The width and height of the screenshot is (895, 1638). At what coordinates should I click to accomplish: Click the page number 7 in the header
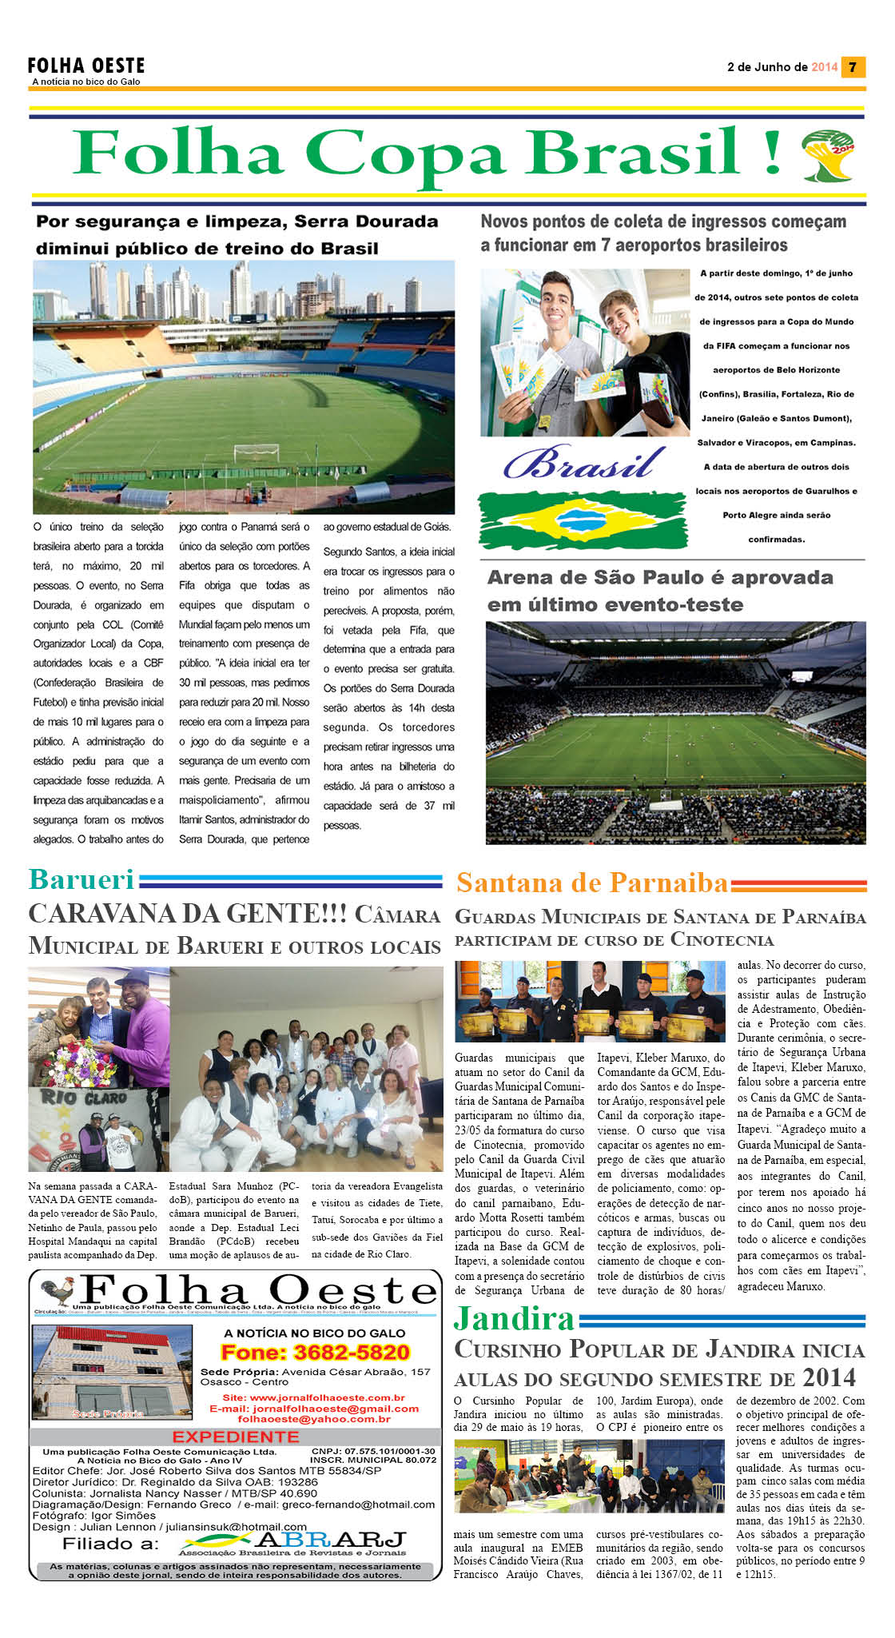(853, 67)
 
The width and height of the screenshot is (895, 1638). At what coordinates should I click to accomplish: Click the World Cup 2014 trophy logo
(828, 155)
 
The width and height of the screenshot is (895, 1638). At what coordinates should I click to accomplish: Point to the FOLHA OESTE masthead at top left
(86, 66)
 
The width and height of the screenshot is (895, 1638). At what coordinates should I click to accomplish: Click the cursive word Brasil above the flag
(584, 463)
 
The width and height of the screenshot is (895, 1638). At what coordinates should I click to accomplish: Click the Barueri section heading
(82, 879)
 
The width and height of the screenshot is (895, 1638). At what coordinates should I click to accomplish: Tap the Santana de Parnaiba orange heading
(592, 883)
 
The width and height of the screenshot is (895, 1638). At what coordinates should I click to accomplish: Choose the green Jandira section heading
(514, 1318)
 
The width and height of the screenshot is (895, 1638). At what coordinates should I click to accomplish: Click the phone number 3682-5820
(315, 1352)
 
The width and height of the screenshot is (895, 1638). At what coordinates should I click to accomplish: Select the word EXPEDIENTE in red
(236, 1437)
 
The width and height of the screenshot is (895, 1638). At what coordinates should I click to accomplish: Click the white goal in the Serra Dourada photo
(256, 452)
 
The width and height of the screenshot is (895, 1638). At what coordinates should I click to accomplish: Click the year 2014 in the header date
(824, 67)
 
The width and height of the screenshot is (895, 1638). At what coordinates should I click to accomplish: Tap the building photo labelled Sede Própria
(112, 1373)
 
